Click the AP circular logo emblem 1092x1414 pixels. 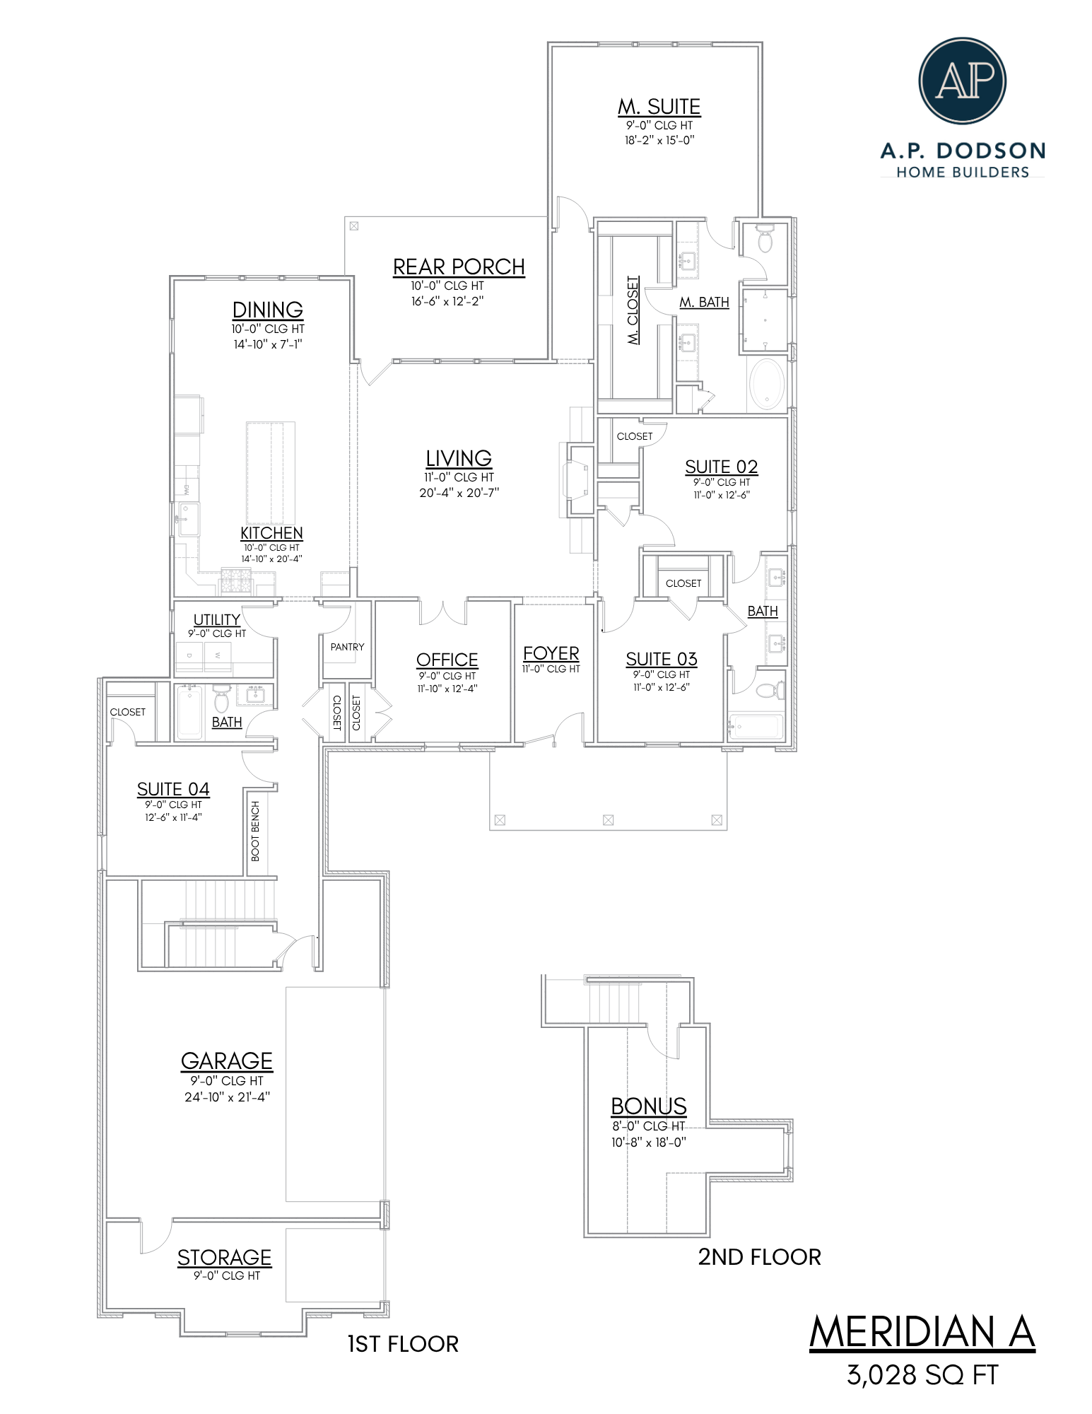point(962,81)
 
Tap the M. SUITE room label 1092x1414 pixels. point(659,107)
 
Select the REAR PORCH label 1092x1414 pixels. point(459,267)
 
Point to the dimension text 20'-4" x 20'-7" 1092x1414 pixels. point(459,493)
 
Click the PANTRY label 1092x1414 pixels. point(348,647)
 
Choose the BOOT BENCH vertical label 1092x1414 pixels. point(256,831)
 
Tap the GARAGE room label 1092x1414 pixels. point(227,1061)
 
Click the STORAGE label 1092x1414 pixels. point(225,1258)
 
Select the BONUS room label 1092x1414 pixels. point(649,1106)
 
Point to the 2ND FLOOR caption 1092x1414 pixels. point(760,1257)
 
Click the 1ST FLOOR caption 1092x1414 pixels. point(403,1344)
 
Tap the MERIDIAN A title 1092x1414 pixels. point(922,1333)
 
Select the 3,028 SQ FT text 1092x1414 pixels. point(922,1376)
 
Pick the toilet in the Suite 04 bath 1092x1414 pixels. point(221,699)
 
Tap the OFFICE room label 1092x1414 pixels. point(447,660)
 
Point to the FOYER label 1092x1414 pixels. point(551,654)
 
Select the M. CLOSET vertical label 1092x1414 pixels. point(633,310)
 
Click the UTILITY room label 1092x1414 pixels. point(217,619)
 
